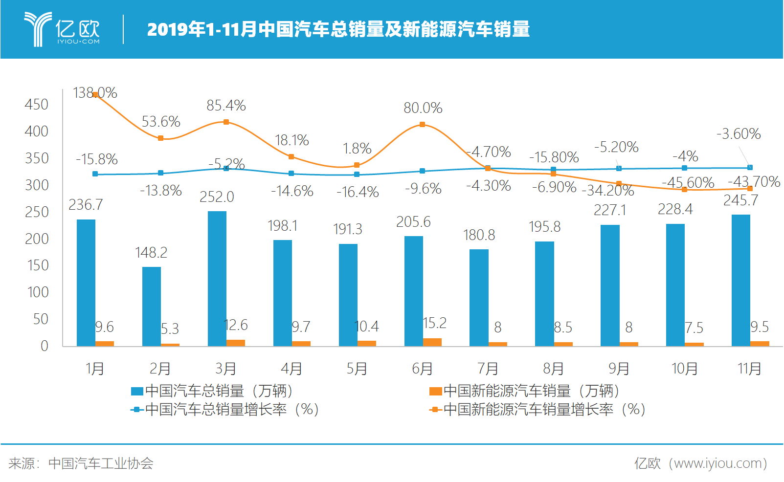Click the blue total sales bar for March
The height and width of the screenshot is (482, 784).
(x=217, y=279)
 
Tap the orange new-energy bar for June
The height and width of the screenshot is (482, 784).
(x=432, y=342)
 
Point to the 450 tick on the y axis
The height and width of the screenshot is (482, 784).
(x=37, y=105)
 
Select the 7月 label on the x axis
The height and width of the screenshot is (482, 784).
(x=488, y=369)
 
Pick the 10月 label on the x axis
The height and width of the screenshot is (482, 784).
(x=684, y=369)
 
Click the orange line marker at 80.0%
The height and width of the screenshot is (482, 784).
(x=422, y=125)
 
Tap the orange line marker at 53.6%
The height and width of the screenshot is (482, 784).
(x=160, y=138)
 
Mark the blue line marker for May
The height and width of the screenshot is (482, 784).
(x=357, y=175)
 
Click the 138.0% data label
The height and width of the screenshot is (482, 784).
(x=95, y=93)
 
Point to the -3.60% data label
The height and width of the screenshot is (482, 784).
(x=739, y=134)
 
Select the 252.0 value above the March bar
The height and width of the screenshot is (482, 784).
(x=217, y=197)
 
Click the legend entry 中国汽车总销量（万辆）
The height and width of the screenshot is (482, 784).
(x=212, y=391)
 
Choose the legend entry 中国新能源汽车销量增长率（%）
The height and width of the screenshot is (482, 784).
(x=538, y=410)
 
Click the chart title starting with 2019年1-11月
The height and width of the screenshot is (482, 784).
(x=338, y=29)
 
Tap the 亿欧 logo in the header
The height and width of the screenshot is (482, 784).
(x=62, y=29)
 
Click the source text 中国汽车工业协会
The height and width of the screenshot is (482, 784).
(x=101, y=463)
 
